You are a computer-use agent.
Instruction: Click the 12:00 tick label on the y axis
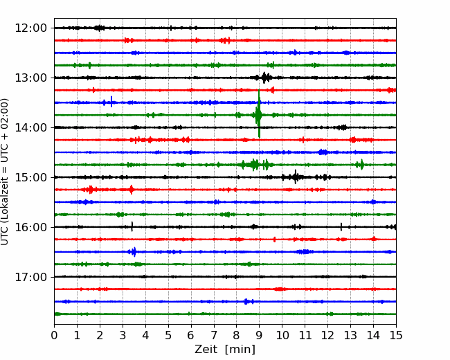click(x=30, y=28)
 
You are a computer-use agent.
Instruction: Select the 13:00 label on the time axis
click(x=30, y=78)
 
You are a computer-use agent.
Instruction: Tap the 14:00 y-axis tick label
click(x=30, y=127)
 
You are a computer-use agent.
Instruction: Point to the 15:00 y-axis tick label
click(x=30, y=177)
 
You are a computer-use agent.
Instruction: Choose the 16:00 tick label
click(x=30, y=227)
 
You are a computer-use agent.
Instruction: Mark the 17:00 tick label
click(x=30, y=277)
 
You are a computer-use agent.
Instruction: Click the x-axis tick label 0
click(x=54, y=335)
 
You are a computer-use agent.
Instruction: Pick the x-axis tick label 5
click(x=168, y=335)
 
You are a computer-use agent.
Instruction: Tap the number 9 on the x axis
click(x=260, y=335)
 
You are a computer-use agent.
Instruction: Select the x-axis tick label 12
click(x=327, y=335)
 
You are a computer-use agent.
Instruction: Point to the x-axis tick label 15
click(x=396, y=335)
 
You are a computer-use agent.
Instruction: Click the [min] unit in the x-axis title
click(x=240, y=350)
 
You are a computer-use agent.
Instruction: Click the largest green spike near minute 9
click(x=259, y=114)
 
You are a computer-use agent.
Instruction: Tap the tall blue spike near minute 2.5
click(x=111, y=102)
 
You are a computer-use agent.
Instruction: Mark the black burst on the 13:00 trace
click(x=265, y=78)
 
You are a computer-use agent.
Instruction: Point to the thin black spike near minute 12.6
click(x=341, y=227)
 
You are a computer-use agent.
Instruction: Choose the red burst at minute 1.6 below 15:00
click(x=90, y=190)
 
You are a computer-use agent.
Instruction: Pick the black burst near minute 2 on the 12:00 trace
click(x=99, y=28)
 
